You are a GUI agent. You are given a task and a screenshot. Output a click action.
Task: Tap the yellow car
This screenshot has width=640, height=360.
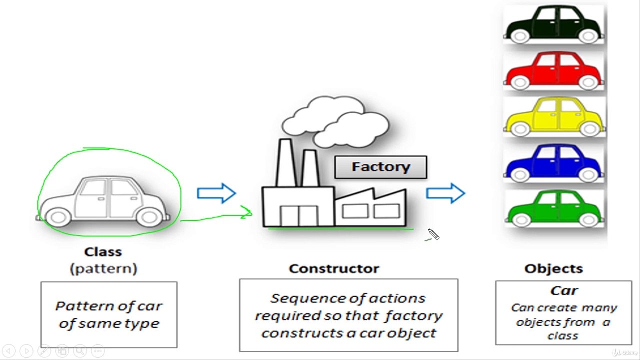tap(554, 117)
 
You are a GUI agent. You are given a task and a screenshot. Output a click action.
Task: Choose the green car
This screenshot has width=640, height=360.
tap(554, 209)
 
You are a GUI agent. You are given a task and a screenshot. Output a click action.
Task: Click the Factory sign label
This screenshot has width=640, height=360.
tap(381, 167)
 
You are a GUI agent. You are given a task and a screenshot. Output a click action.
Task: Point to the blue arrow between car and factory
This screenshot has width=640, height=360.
tap(216, 193)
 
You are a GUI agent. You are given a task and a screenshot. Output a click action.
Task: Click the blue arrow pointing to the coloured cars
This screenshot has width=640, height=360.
tap(445, 193)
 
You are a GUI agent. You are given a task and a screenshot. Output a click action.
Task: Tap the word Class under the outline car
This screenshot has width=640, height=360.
tap(103, 252)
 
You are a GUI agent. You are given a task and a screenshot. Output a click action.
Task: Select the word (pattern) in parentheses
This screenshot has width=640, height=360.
tap(103, 269)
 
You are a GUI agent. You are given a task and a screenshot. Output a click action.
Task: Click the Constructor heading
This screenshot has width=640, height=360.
tap(334, 269)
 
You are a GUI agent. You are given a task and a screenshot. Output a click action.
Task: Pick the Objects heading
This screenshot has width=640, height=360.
tap(553, 269)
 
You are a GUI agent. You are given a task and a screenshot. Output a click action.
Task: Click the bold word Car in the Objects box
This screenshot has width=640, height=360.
tap(564, 291)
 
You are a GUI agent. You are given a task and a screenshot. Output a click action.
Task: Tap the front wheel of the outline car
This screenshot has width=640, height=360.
tap(149, 217)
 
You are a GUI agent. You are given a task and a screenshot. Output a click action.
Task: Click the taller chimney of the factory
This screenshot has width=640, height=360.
tap(285, 163)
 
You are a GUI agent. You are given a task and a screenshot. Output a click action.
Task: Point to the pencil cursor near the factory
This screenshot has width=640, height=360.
tap(433, 234)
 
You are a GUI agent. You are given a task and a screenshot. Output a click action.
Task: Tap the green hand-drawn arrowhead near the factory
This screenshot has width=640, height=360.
tap(247, 212)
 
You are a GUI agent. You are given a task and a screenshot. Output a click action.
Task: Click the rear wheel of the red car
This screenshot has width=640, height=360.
tap(520, 82)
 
